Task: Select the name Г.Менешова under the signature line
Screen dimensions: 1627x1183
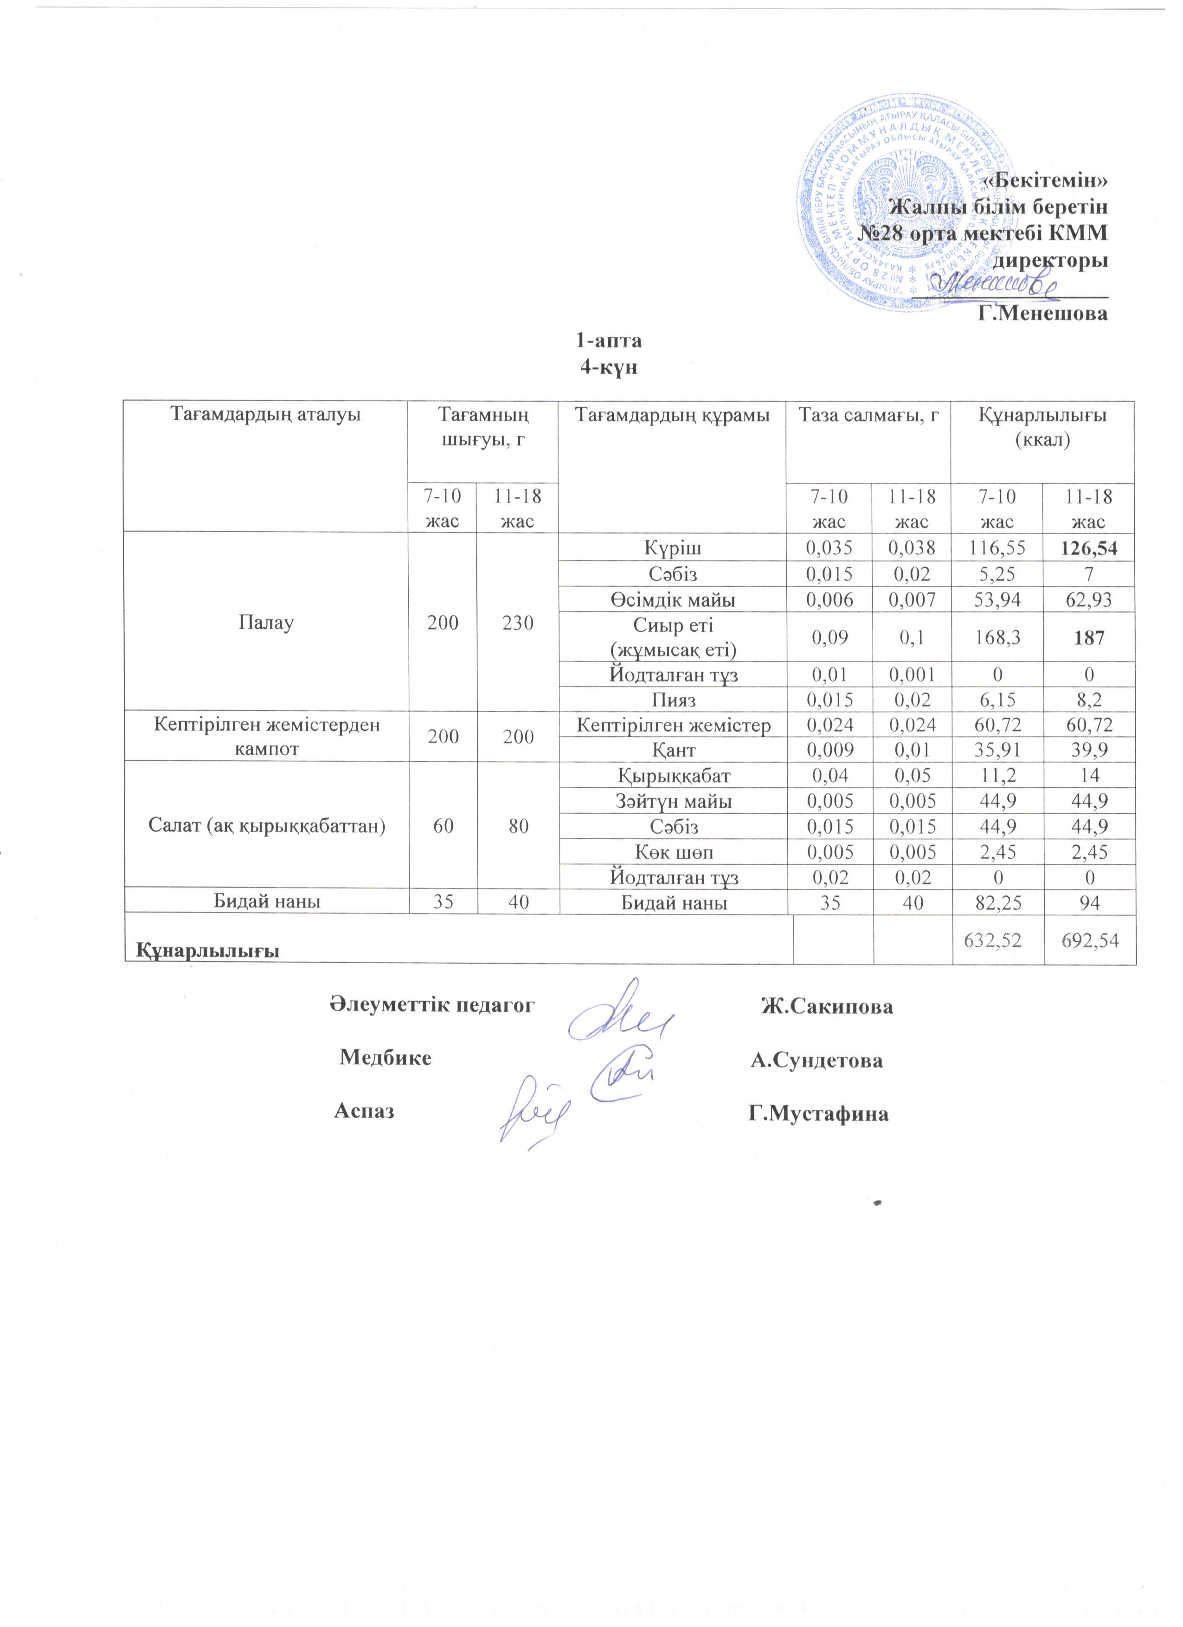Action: click(x=1044, y=314)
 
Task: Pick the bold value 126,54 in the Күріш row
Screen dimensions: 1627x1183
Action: click(x=1090, y=549)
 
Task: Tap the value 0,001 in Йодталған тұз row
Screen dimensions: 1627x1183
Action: click(x=910, y=675)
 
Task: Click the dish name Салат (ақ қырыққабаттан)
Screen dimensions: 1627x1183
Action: click(x=265, y=826)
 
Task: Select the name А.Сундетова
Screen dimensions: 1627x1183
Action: click(x=817, y=1060)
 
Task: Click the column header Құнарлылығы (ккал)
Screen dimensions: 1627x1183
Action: click(x=1042, y=428)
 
